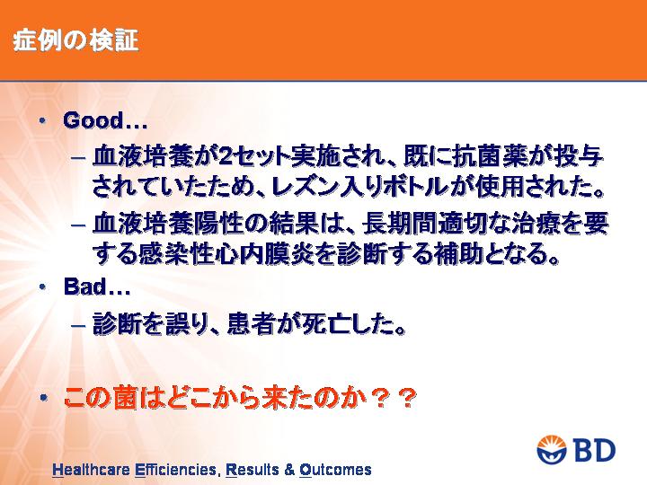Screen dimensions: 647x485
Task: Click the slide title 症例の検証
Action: [x=75, y=41]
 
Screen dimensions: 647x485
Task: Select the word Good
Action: [x=93, y=120]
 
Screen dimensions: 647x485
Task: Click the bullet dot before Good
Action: [x=42, y=120]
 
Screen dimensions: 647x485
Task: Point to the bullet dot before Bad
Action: [x=42, y=287]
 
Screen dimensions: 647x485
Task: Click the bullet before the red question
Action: [x=44, y=398]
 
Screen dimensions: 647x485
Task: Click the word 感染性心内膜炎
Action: [x=226, y=253]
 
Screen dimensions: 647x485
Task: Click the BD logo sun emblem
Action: [x=552, y=450]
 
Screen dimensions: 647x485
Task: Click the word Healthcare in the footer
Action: [x=93, y=470]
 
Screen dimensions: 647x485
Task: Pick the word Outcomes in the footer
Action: [x=335, y=470]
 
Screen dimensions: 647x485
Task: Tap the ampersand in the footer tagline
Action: [x=288, y=470]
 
